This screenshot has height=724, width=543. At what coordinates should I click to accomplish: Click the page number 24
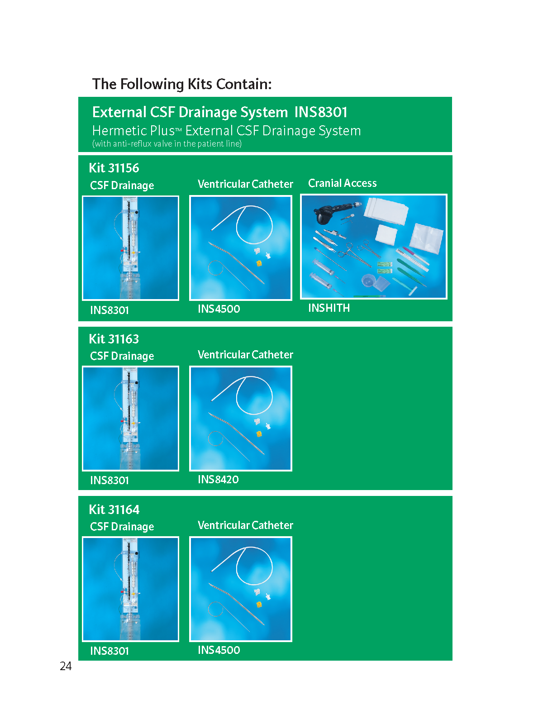(x=66, y=666)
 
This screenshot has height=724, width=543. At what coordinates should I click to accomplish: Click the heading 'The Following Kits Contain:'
(x=181, y=85)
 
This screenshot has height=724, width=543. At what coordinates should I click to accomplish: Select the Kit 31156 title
(x=114, y=168)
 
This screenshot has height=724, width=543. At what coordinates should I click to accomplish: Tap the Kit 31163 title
(x=114, y=339)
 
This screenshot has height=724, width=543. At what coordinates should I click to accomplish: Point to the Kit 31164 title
(x=114, y=509)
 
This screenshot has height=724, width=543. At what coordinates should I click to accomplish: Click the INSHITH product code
(x=329, y=308)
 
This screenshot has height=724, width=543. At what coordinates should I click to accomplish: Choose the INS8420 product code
(x=218, y=479)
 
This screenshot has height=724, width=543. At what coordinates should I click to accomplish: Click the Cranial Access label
(x=342, y=183)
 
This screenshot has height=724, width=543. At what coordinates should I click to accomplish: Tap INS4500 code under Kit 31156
(x=219, y=309)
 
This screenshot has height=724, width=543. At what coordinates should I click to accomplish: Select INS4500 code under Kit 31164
(x=219, y=650)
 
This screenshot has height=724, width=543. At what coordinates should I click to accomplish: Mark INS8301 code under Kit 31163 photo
(x=109, y=480)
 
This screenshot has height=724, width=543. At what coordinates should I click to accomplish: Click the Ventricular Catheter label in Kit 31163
(x=245, y=355)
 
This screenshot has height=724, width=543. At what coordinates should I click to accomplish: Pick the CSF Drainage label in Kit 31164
(x=122, y=526)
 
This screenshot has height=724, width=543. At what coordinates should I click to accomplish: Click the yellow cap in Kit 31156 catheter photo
(x=259, y=263)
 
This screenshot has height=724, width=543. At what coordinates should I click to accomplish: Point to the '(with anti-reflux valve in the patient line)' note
(x=167, y=144)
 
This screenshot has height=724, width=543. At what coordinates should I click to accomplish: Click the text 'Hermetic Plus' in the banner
(x=133, y=131)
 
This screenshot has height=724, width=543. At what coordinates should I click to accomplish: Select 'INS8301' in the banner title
(x=320, y=112)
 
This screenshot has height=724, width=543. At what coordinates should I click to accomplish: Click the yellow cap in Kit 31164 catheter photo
(x=259, y=604)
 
